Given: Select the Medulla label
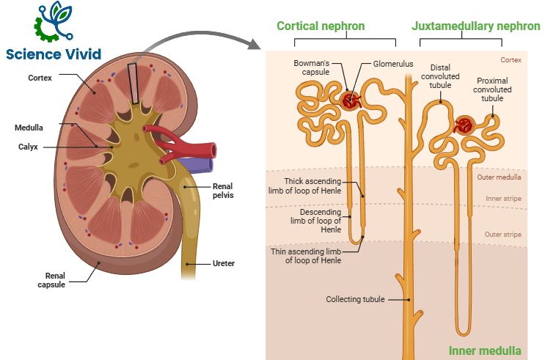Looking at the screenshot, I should [29, 127].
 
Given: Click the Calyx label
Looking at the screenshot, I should [29, 146].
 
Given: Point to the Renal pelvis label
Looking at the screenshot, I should [222, 191].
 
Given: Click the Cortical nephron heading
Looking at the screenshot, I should [321, 26].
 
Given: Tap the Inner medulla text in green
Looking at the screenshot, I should [485, 350].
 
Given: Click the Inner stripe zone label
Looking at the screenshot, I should [504, 198].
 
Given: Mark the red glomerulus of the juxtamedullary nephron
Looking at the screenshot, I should [464, 124].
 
